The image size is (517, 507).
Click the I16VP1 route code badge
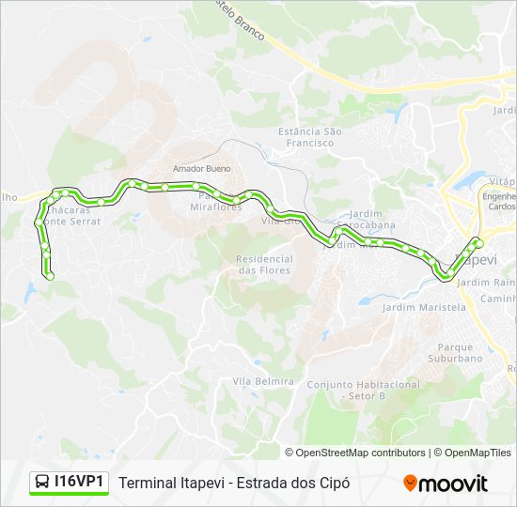click(70, 483)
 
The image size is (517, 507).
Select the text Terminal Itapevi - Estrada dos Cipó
click(235, 483)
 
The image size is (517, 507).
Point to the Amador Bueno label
click(202, 168)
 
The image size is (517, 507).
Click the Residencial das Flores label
click(263, 265)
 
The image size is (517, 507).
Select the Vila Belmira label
click(263, 381)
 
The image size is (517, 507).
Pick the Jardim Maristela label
click(424, 307)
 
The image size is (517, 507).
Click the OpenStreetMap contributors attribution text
click(361, 453)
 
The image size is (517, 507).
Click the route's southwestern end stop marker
click(50, 275)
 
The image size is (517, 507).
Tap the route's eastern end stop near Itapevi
click(478, 243)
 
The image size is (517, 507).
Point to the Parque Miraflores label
click(216, 201)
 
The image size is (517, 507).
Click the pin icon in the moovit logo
click(410, 483)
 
